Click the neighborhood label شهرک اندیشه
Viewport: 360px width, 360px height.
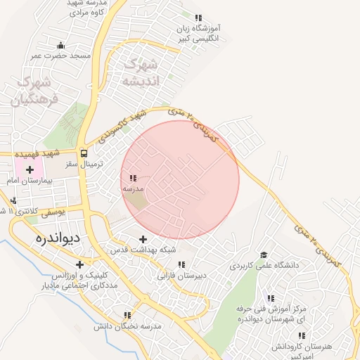pyautogui.click(x=141, y=72)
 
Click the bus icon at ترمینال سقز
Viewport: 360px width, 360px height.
pyautogui.click(x=84, y=153)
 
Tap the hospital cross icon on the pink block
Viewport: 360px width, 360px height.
pyautogui.click(x=30, y=169)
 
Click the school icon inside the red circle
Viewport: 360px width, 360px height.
pyautogui.click(x=134, y=179)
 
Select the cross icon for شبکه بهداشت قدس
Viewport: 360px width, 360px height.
pyautogui.click(x=144, y=239)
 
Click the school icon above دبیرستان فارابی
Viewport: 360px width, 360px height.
pyautogui.click(x=181, y=264)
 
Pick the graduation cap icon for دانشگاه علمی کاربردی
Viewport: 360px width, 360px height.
pyautogui.click(x=264, y=255)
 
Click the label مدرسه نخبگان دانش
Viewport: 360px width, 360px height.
pyautogui.click(x=132, y=326)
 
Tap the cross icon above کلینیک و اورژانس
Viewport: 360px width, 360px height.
pyautogui.click(x=80, y=265)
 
